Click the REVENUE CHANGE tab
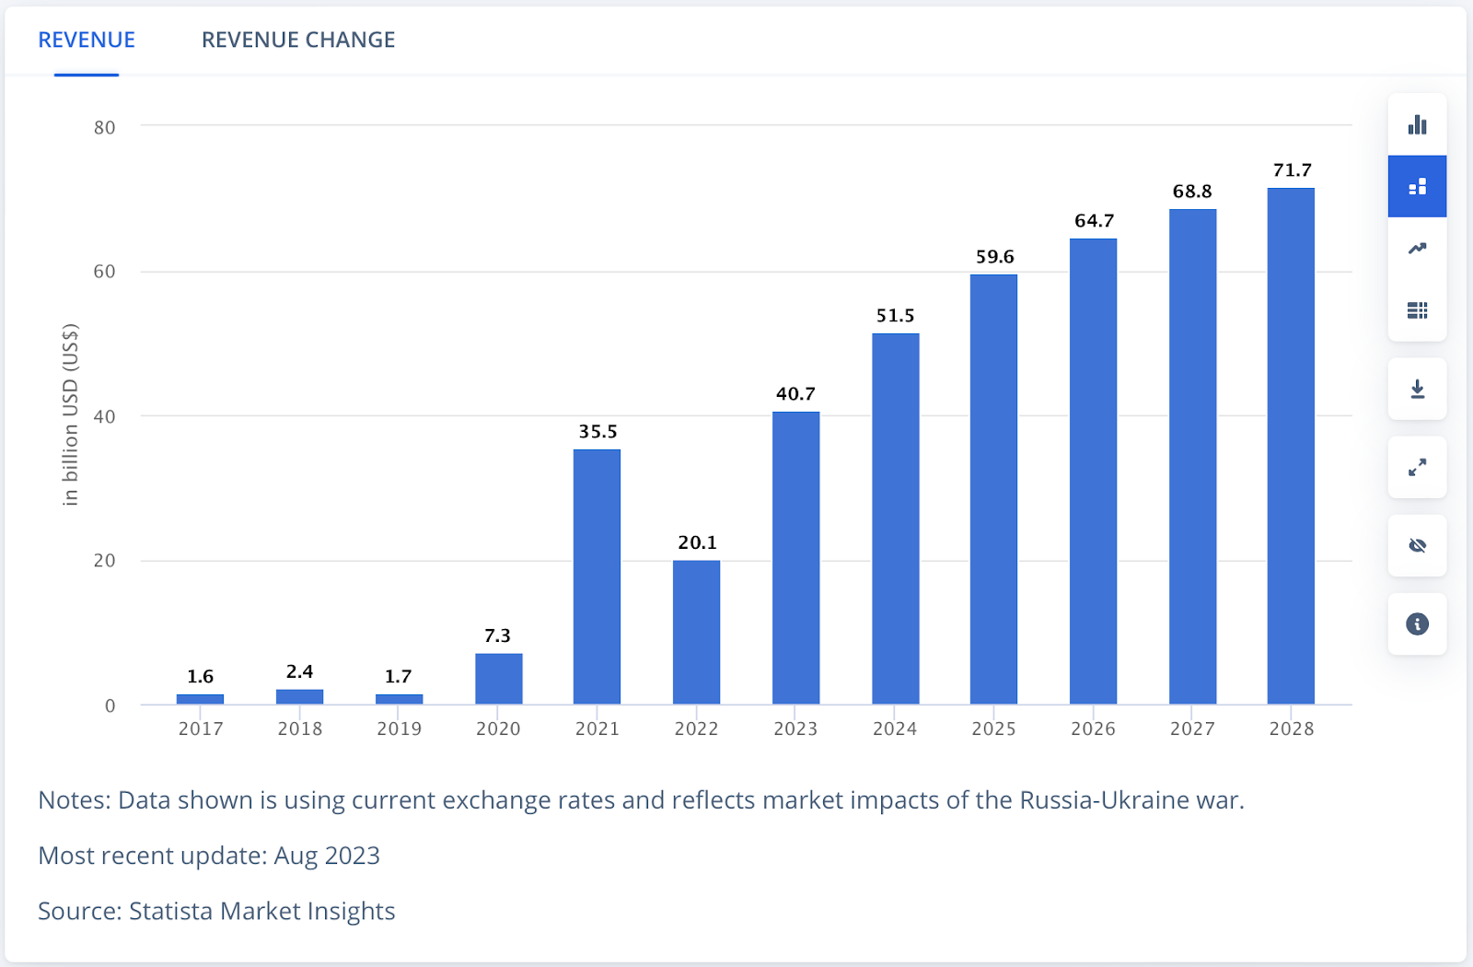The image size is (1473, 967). tap(298, 40)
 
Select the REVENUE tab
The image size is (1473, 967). tap(87, 40)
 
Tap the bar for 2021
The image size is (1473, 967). tap(597, 577)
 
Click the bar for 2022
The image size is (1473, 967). tap(696, 632)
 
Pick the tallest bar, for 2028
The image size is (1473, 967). tap(1291, 446)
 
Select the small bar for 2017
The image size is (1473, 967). tap(200, 699)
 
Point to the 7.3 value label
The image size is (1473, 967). tap(497, 635)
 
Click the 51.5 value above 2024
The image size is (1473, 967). tap(895, 316)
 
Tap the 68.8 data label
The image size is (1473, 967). tap(1192, 192)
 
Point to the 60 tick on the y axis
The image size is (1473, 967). tap(104, 272)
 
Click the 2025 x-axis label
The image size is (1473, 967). tap(993, 728)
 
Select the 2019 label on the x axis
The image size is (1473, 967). tap(399, 728)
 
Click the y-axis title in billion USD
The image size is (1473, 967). tap(71, 414)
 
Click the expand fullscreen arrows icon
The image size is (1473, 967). tap(1417, 468)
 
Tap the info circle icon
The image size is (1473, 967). tap(1417, 624)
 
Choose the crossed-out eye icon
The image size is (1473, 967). tap(1417, 546)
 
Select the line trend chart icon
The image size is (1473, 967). tap(1417, 249)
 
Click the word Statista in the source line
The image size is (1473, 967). tap(171, 911)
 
